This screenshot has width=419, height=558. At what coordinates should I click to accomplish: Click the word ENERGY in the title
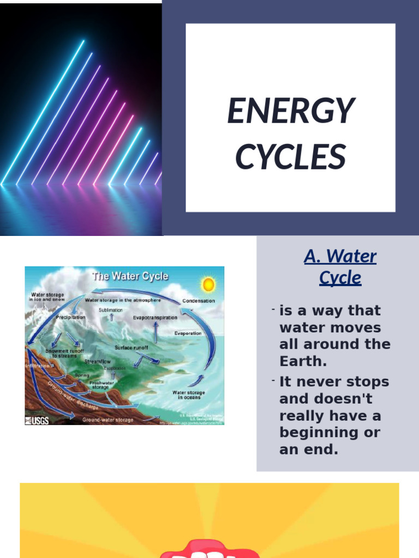[x=291, y=111]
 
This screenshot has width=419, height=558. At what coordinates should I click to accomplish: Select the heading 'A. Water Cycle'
[x=340, y=267]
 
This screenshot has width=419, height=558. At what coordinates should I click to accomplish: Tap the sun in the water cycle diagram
[x=208, y=284]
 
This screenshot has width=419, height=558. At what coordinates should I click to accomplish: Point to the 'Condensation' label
[x=199, y=301]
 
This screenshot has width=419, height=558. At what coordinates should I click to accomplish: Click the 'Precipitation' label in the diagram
[x=70, y=317]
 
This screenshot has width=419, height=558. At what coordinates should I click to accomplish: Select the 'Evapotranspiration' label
[x=155, y=317]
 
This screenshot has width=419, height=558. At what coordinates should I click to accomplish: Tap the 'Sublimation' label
[x=111, y=310]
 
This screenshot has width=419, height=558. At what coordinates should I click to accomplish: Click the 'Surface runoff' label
[x=131, y=347]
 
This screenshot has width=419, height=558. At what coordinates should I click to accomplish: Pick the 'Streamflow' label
[x=97, y=361]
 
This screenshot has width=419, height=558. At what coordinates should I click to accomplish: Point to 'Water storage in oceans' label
[x=189, y=395]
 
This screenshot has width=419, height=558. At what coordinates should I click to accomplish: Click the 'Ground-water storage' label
[x=108, y=420]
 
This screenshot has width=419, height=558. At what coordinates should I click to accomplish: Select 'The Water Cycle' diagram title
[x=130, y=276]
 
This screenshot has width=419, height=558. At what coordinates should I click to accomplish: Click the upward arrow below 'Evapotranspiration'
[x=155, y=331]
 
